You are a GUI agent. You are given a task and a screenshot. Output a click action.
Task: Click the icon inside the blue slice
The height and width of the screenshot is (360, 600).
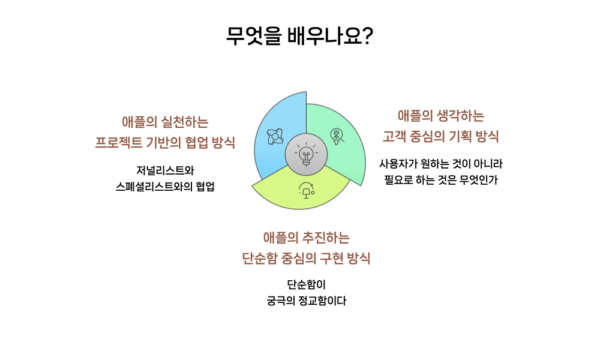(x=274, y=136)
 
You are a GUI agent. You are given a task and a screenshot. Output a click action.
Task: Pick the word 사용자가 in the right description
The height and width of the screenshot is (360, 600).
(x=398, y=163)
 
